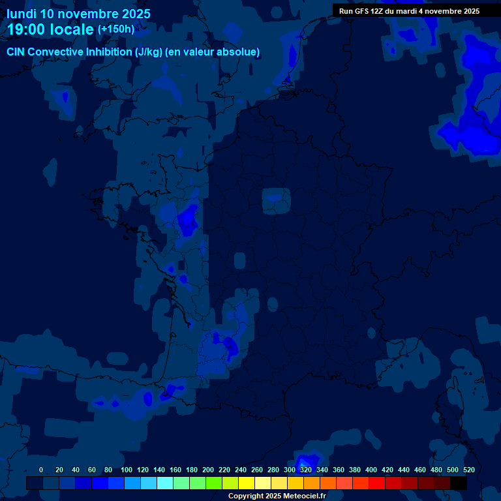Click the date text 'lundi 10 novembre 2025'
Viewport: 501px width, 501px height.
coord(78,14)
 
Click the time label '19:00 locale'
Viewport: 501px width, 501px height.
coord(51,29)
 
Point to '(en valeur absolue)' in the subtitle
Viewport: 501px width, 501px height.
coord(213,52)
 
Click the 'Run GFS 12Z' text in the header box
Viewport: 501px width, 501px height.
coord(362,11)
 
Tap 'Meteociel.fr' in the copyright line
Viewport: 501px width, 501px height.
coord(304,496)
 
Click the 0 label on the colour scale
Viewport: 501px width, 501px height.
coord(41,470)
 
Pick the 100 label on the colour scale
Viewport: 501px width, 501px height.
coord(127,470)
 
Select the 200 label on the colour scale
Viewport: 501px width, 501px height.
coord(208,470)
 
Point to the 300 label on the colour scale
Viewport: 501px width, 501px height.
coord(290,470)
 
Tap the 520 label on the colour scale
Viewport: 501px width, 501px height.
coord(468,470)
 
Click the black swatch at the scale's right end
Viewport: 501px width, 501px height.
coord(459,483)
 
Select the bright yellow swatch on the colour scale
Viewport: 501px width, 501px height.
coord(247,483)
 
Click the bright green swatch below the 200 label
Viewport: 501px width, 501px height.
coord(214,483)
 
